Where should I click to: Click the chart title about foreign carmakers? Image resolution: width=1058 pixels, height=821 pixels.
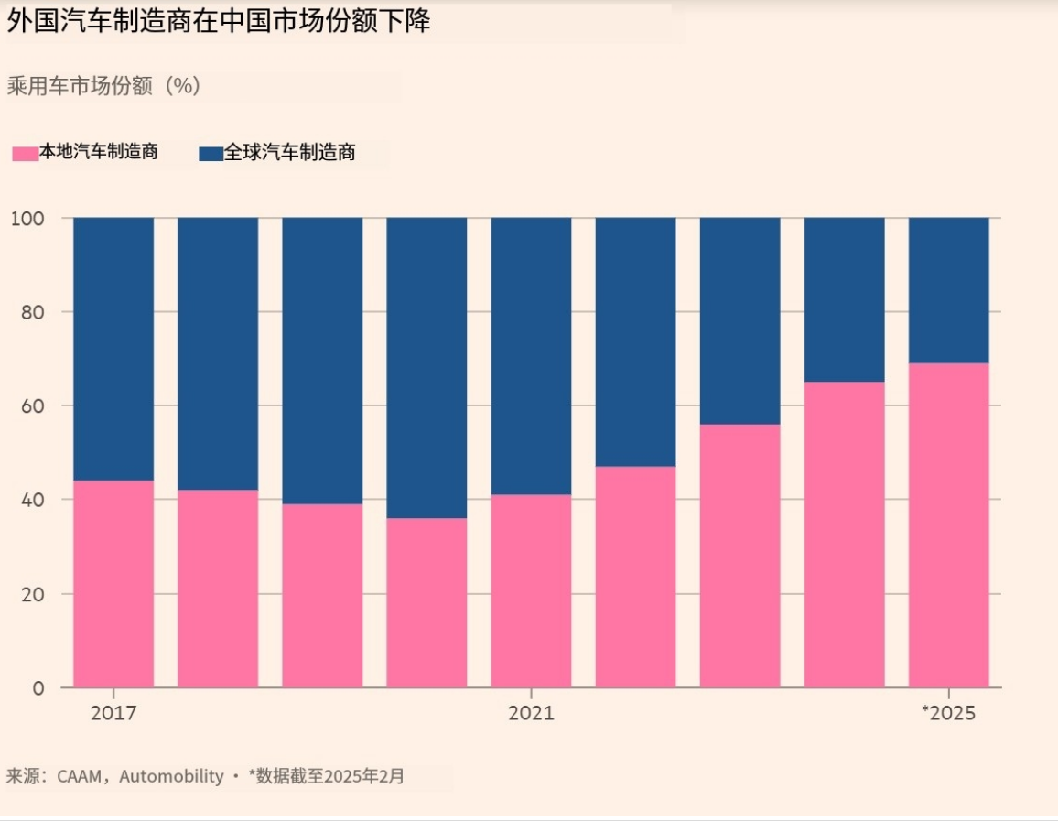219,23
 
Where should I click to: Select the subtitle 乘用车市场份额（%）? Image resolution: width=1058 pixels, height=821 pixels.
103,86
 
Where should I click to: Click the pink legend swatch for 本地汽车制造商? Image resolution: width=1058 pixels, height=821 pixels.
25,153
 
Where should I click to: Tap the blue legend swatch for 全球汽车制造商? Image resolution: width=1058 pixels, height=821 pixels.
211,154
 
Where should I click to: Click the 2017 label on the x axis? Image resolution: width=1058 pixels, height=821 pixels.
113,713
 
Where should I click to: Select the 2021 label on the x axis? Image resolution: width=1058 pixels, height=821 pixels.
531,713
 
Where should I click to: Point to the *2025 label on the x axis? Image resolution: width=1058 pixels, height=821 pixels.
948,713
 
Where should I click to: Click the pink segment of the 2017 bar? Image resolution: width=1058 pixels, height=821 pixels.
113,584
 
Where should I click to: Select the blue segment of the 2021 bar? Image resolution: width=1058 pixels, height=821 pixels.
531,356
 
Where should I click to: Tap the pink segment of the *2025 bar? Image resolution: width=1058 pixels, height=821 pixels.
948,525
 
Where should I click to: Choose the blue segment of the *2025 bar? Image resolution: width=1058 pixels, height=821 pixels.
948,290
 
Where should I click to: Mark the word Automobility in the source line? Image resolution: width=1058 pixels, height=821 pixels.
171,777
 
